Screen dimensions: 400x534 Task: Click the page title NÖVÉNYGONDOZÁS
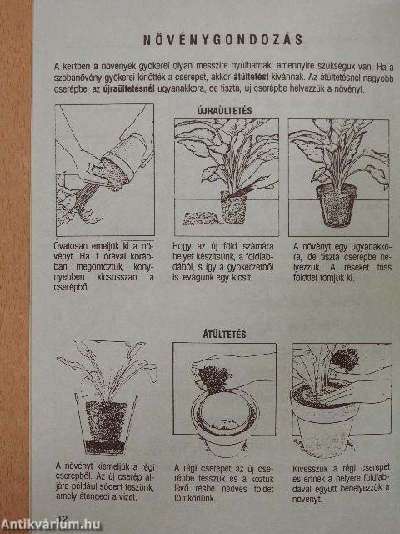(222, 40)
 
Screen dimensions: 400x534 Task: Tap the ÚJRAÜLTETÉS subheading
(224, 111)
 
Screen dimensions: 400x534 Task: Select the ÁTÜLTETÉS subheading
(224, 334)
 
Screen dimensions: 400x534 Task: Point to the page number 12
(63, 519)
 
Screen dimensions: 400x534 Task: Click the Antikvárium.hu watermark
(50, 524)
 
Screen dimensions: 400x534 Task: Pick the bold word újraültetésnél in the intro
(128, 89)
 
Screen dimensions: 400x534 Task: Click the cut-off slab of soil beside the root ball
(202, 219)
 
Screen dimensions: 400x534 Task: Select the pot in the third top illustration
(336, 204)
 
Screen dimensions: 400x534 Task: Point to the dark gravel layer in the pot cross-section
(103, 446)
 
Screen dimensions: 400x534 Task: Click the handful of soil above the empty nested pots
(214, 378)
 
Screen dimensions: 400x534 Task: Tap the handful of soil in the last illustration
(344, 360)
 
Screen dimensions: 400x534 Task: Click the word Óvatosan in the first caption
(71, 246)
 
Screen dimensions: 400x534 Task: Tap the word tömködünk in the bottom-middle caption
(195, 498)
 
